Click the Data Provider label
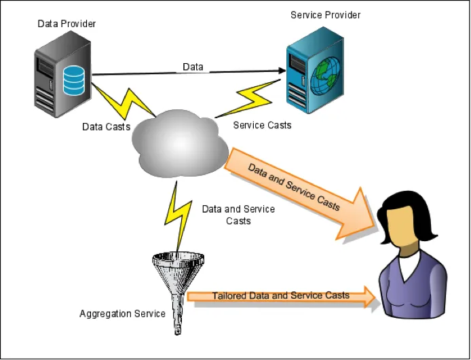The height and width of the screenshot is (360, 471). (67, 24)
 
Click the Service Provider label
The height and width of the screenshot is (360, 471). (325, 15)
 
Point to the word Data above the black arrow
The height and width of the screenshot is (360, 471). (193, 67)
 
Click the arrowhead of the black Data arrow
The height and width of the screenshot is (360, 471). (280, 71)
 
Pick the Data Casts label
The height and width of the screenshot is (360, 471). (106, 127)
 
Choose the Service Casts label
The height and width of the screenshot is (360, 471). (262, 125)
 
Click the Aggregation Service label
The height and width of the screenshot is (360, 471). (122, 314)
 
